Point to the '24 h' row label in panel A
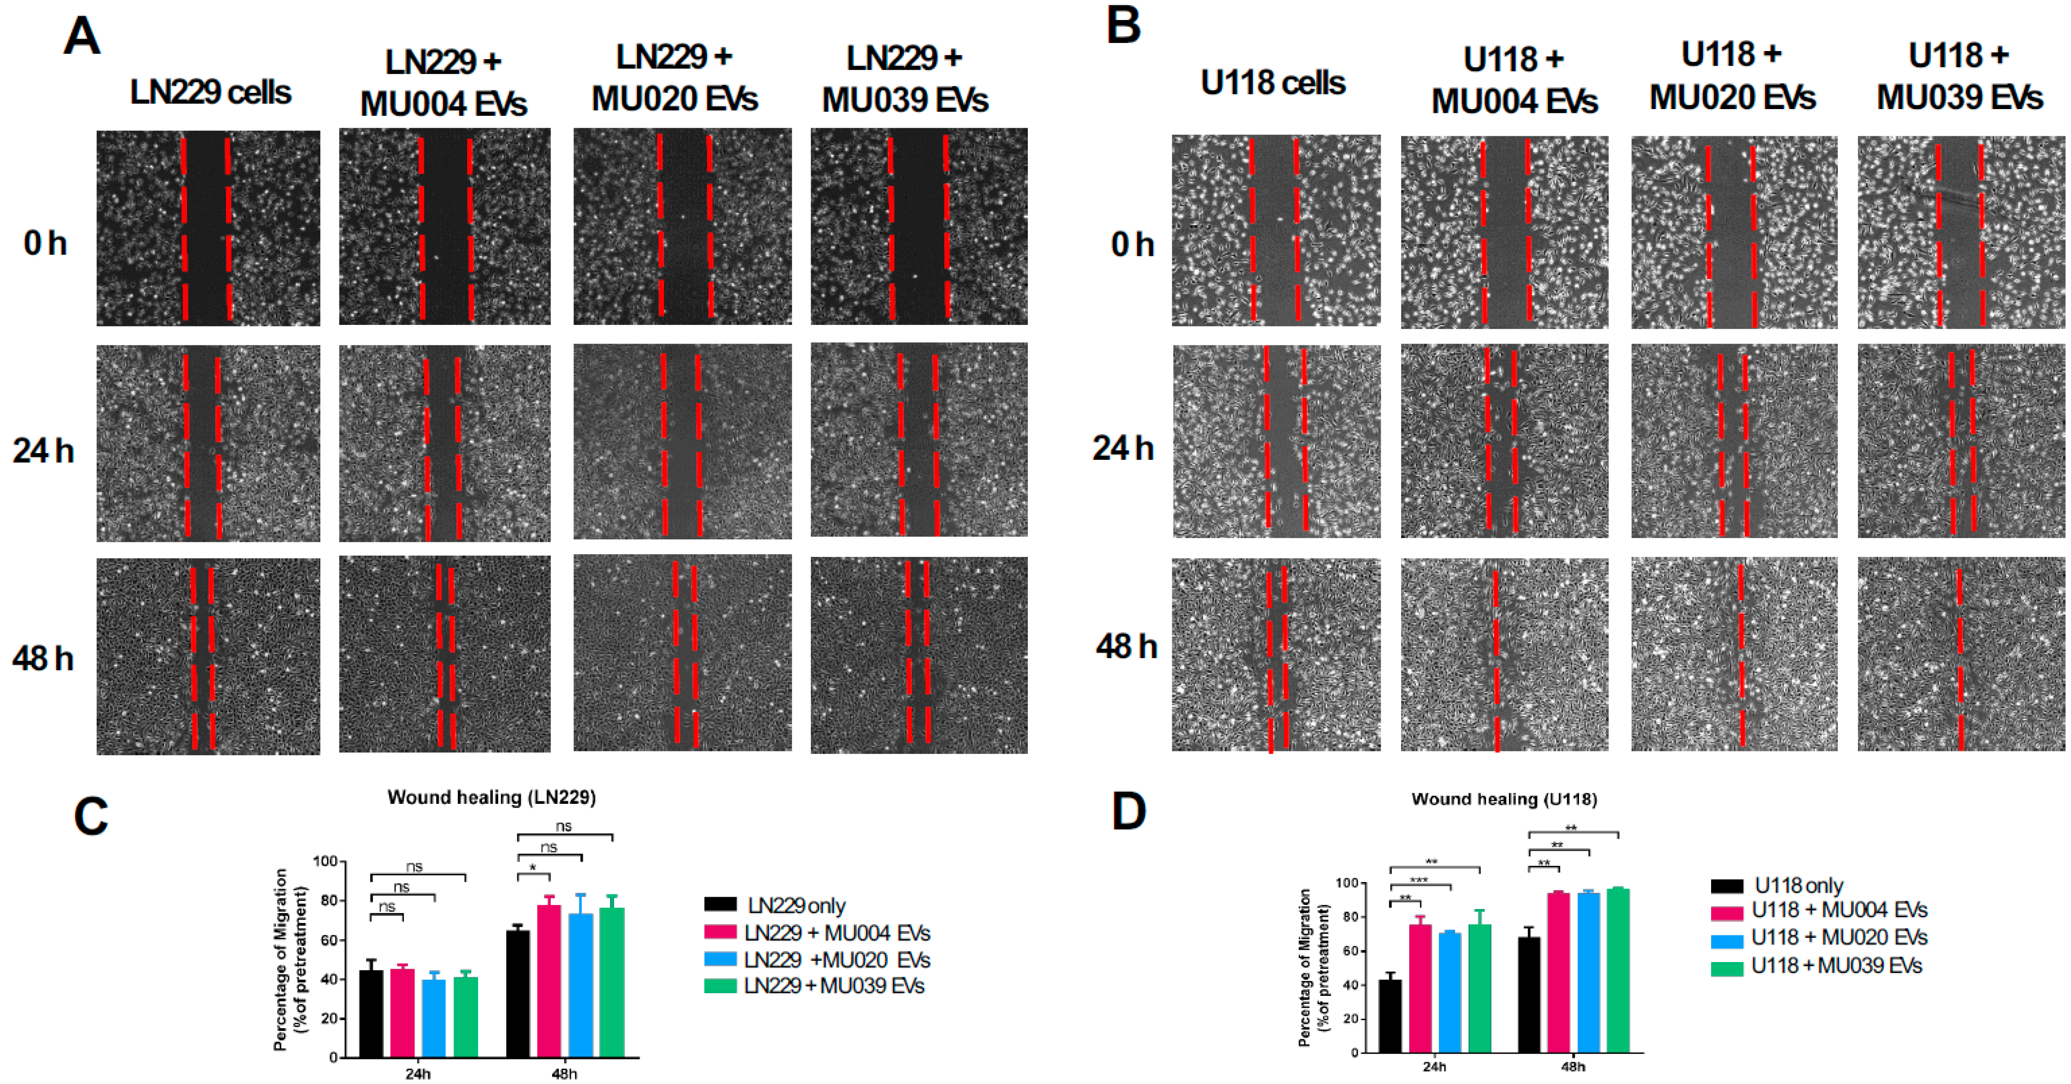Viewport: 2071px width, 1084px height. [x=43, y=451]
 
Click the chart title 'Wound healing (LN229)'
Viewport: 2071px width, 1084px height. [x=491, y=797]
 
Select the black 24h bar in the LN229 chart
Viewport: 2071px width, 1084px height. [x=370, y=1013]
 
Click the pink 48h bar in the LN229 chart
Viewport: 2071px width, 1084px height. [x=549, y=980]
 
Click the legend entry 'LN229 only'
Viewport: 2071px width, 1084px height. [x=796, y=906]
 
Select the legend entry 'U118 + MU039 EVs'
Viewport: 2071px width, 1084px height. [x=1836, y=965]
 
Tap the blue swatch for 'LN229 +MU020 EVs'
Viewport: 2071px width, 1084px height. [x=720, y=960]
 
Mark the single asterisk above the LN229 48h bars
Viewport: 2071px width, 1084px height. [x=533, y=868]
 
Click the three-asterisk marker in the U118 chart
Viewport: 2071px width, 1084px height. [x=1419, y=881]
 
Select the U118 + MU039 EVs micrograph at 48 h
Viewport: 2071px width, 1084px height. [x=1960, y=655]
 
